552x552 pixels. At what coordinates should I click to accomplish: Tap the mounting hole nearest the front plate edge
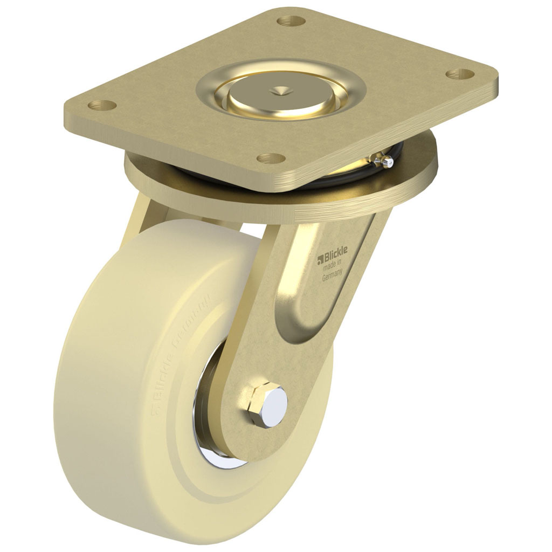coord(270,157)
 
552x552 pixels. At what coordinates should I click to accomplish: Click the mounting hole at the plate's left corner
coord(101,105)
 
